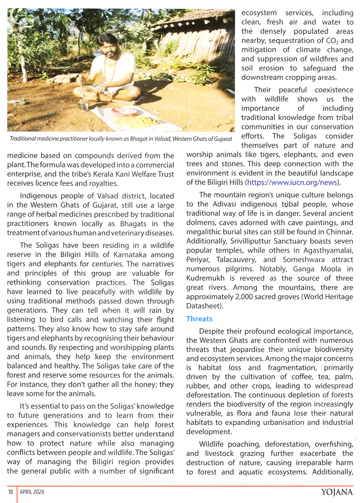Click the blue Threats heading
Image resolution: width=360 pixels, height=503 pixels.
click(x=199, y=319)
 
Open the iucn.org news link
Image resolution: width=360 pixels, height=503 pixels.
click(x=292, y=182)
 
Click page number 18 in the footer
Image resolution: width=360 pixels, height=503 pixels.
click(x=10, y=492)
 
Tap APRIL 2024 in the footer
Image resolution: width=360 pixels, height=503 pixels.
click(x=32, y=492)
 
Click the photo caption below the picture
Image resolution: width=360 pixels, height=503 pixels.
click(x=121, y=139)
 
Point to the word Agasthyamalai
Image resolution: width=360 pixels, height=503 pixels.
click(x=328, y=250)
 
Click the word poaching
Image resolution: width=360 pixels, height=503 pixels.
click(x=243, y=444)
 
